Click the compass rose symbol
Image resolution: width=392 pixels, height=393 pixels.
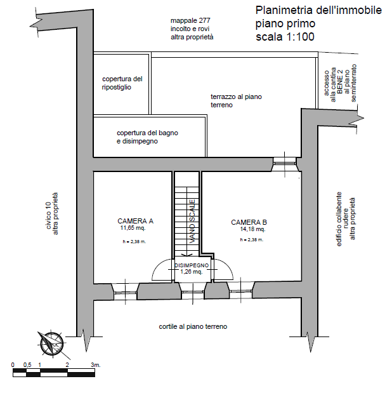pos(50,343)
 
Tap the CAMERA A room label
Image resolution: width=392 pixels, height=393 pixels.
pos(135,221)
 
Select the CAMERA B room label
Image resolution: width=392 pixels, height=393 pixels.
pos(249,222)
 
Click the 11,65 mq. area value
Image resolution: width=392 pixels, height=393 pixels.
pos(133,227)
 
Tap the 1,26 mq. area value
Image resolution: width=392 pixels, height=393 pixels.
pos(192,271)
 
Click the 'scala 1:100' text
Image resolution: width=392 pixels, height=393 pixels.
pos(285,36)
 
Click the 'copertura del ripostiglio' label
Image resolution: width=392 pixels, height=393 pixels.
pos(122,83)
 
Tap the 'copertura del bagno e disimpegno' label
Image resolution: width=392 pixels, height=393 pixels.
pos(147,137)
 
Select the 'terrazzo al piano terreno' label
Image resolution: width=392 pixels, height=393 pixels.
pos(236,100)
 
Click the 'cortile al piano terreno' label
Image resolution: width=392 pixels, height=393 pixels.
pos(193,326)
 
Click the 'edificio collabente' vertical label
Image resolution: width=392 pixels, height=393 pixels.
pos(339,219)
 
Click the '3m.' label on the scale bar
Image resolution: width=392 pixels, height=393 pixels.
pos(96,365)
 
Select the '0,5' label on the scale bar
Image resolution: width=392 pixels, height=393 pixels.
pos(27,365)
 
